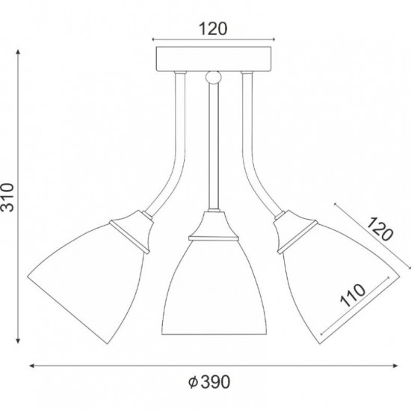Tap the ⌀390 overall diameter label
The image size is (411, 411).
[209, 382]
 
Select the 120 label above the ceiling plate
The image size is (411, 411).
[213, 29]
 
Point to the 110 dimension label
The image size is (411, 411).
[352, 295]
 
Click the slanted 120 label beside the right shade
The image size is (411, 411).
[380, 229]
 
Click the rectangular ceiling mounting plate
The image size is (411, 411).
[214, 59]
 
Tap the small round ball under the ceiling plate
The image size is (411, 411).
[214, 77]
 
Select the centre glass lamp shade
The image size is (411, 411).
[214, 287]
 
